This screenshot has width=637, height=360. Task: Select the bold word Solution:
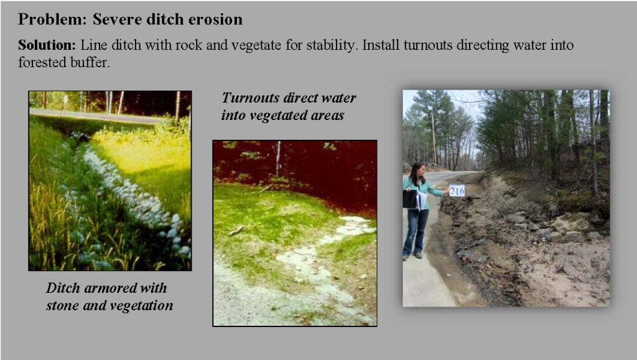[47, 45]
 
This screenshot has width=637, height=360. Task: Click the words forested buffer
[64, 62]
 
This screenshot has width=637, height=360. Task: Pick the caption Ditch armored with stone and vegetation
[109, 297]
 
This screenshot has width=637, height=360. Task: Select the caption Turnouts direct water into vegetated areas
[289, 106]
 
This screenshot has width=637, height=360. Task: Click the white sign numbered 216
[457, 190]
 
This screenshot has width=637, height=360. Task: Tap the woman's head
[418, 170]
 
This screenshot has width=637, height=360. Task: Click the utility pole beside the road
[434, 138]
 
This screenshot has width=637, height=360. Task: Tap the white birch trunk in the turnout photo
[277, 159]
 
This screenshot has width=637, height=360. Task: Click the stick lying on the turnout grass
[236, 231]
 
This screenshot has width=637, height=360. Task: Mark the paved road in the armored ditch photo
[98, 116]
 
